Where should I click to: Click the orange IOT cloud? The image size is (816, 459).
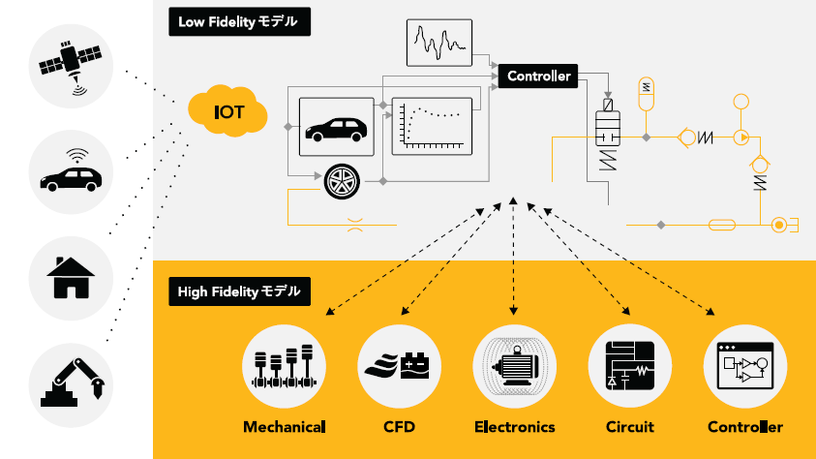[x=228, y=112]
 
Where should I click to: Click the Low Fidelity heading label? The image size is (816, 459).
[x=238, y=21]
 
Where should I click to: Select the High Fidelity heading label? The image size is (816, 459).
[x=239, y=291]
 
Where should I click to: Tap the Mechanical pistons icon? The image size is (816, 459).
[x=284, y=367]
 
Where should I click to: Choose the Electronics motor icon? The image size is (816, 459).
[x=514, y=367]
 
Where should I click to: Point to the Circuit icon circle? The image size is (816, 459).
[x=629, y=367]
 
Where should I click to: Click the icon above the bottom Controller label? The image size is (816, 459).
[x=744, y=367]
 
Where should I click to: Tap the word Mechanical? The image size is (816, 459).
[x=284, y=426]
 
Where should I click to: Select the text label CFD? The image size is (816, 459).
[x=400, y=426]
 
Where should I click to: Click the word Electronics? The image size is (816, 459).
[x=514, y=426]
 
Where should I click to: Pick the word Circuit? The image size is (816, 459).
[x=629, y=426]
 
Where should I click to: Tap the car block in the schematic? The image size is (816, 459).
[x=334, y=127]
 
